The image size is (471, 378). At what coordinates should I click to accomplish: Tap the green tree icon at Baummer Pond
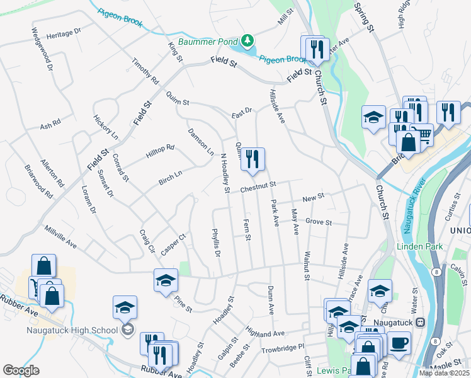(x=248, y=42)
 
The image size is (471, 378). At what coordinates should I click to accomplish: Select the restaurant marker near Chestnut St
(x=253, y=160)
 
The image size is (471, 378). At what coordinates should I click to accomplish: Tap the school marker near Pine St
(x=166, y=280)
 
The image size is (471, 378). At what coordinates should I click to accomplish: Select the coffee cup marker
(x=398, y=344)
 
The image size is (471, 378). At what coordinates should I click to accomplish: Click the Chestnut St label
(x=258, y=186)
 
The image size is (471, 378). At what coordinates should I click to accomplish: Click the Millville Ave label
(x=60, y=236)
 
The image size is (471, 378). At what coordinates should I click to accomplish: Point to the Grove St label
(x=318, y=222)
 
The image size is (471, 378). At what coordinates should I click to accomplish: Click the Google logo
(x=21, y=370)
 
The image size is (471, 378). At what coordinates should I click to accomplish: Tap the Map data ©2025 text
(x=444, y=373)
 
